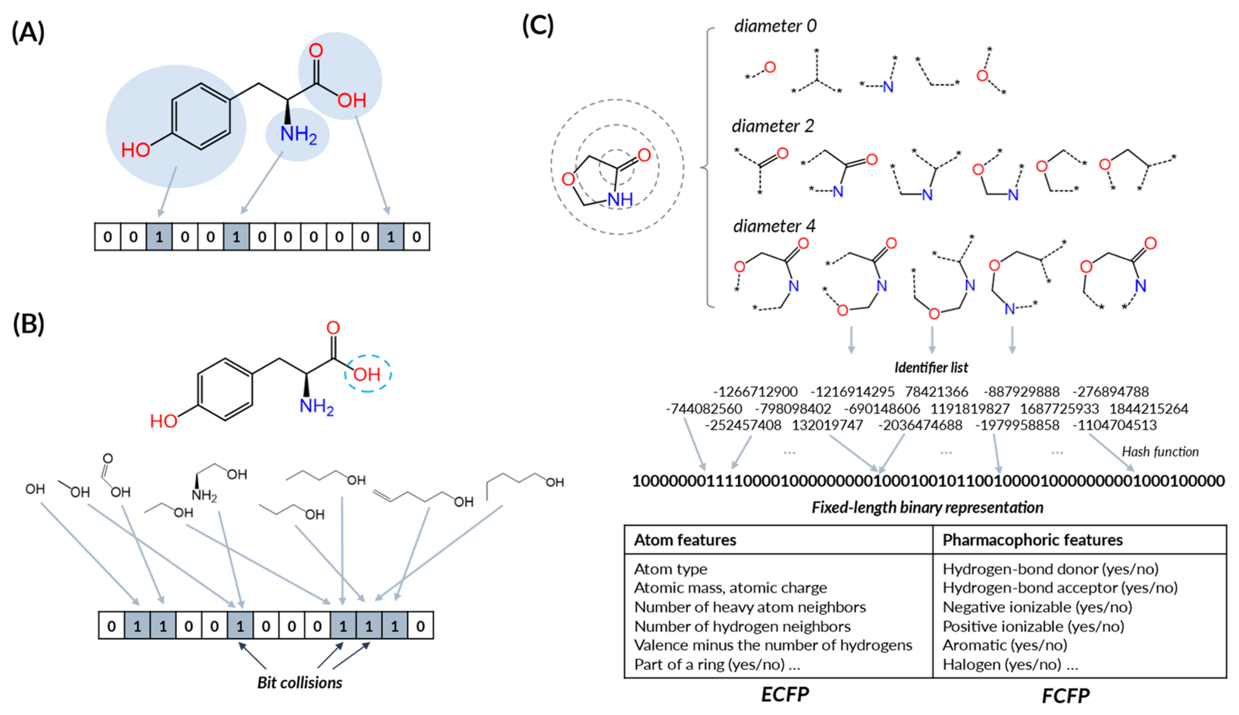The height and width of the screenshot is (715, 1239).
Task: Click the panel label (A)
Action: click(28, 33)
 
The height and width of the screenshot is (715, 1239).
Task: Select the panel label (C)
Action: click(538, 25)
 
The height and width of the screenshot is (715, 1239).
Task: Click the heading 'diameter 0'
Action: click(775, 26)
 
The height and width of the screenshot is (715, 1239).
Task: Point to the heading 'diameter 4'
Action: click(774, 226)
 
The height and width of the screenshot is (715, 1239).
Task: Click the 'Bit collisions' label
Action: click(300, 682)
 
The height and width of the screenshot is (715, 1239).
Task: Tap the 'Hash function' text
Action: click(1160, 452)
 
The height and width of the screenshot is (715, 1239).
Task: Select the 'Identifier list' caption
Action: click(931, 367)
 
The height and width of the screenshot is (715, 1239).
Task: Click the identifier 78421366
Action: click(937, 392)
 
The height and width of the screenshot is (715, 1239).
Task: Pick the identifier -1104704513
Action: click(1115, 425)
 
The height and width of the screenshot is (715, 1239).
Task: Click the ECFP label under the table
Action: click(785, 695)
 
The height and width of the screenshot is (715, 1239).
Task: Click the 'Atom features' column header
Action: click(685, 540)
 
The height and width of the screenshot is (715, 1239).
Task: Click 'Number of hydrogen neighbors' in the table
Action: click(742, 627)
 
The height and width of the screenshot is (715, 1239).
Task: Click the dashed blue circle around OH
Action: click(368, 374)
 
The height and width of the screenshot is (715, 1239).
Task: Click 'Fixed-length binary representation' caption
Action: click(927, 507)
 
